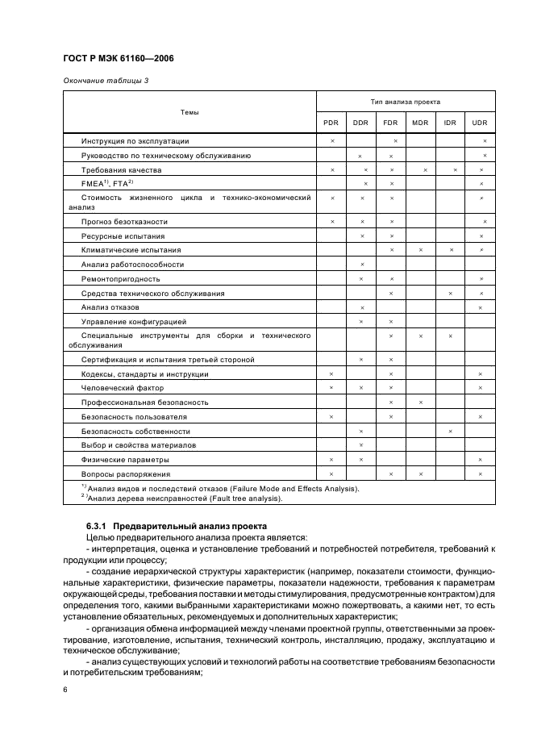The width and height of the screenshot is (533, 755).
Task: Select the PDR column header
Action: (331, 122)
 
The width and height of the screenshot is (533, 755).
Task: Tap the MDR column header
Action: (420, 122)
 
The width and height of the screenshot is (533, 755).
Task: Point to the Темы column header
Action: (189, 112)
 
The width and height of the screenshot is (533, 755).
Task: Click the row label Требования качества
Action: (121, 170)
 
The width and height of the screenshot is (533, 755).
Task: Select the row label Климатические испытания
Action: (131, 250)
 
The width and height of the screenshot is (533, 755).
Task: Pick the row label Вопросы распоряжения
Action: (126, 473)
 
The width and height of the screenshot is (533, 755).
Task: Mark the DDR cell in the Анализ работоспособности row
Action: (361, 265)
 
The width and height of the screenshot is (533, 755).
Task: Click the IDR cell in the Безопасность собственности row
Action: (450, 431)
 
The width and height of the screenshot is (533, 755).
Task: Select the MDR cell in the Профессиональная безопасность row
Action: (420, 402)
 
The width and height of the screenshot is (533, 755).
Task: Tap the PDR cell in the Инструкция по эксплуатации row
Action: (331, 141)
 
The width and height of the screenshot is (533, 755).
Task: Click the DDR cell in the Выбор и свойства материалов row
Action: (361, 445)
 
